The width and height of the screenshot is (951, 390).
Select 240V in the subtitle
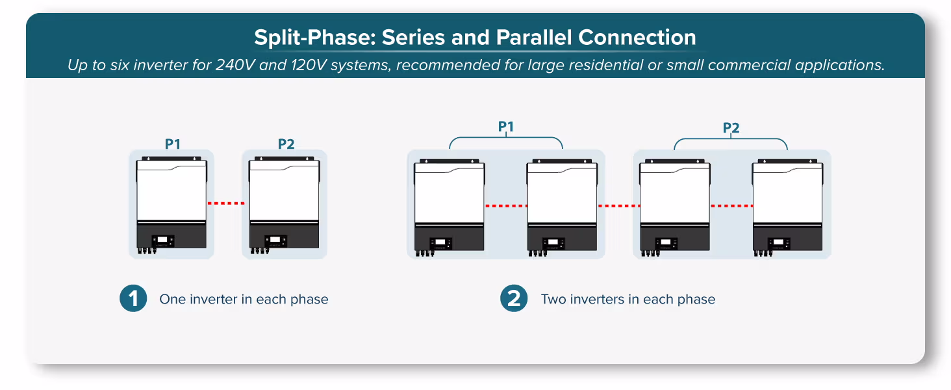coord(235,65)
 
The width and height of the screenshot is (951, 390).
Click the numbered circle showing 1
coord(133,298)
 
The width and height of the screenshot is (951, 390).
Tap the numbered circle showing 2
coord(514,298)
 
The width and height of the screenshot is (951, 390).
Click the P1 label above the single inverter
coord(173,144)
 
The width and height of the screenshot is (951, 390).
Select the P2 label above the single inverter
coord(286,144)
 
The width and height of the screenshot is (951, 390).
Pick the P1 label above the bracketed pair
coord(505,127)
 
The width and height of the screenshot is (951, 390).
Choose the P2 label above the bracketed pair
coord(731,128)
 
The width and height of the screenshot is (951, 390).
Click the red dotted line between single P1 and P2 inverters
coord(226,203)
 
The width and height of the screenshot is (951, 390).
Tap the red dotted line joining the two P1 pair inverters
coord(506,206)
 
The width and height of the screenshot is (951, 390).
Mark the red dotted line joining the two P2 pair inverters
coord(732,206)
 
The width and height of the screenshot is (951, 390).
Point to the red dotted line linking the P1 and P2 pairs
coord(619,206)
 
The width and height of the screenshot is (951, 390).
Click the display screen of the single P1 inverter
coord(162,240)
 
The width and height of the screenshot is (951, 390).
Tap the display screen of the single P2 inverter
coord(275,240)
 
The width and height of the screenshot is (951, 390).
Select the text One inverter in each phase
coord(244,299)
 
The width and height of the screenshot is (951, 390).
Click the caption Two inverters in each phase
coord(628,299)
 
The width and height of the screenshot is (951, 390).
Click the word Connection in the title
coord(637,38)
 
